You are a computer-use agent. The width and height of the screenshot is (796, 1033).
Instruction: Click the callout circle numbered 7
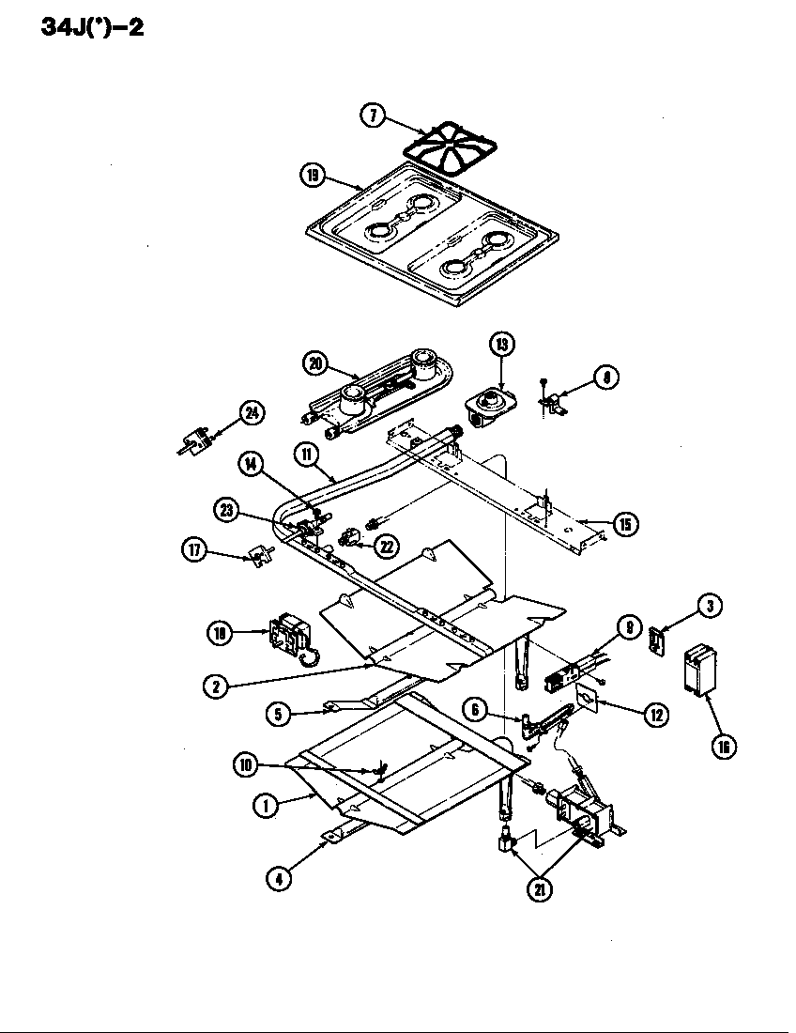tap(373, 116)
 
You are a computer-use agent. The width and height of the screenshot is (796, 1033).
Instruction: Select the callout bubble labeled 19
tap(313, 175)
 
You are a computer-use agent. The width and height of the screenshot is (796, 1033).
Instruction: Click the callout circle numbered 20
tap(315, 363)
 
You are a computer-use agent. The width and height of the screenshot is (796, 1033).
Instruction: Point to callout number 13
tap(501, 346)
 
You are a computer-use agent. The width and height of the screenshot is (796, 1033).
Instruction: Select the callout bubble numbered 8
tap(606, 378)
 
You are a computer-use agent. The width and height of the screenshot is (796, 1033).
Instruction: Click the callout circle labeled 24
tap(252, 412)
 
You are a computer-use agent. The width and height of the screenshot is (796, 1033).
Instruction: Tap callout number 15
tap(624, 525)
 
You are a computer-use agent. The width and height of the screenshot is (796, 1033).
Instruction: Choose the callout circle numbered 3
tap(710, 607)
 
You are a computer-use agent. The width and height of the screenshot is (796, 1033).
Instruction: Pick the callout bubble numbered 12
tap(655, 715)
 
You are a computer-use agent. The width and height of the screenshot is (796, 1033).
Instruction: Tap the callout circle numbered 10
tap(247, 765)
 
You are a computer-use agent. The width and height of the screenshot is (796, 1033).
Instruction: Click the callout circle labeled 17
tap(194, 551)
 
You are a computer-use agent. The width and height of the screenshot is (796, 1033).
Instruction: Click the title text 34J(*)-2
tap(92, 26)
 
